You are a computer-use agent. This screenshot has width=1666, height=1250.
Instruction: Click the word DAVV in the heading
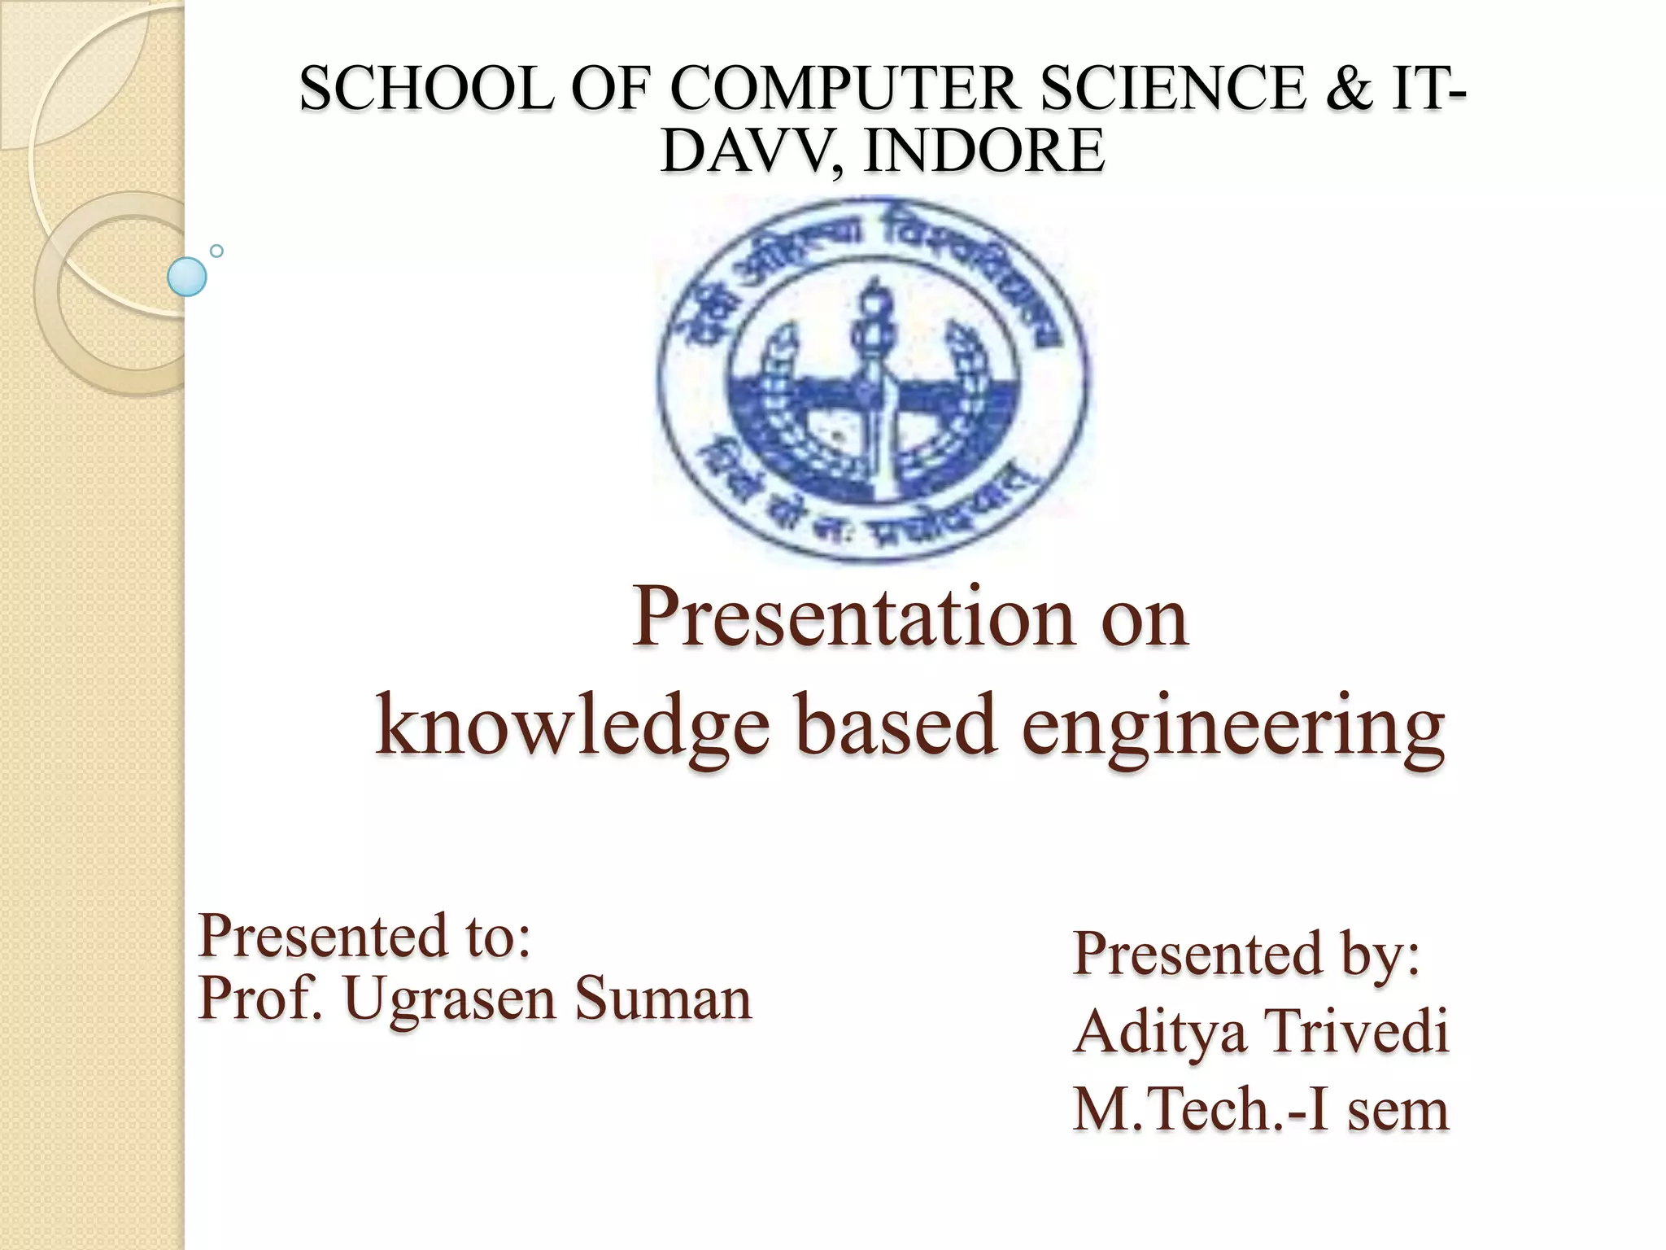pos(748,151)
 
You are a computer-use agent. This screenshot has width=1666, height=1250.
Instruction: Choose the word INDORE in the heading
pos(983,151)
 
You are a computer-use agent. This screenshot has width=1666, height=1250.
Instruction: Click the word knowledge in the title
pos(573,726)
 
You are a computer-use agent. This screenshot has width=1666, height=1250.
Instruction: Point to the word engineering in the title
pos(1233,726)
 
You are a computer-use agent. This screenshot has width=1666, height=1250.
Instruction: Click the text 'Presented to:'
pos(364,935)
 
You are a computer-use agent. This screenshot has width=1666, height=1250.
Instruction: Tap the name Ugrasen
pos(451,999)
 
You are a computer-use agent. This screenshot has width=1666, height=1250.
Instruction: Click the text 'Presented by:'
pos(1246,953)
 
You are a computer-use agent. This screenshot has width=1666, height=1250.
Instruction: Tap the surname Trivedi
pos(1357,1030)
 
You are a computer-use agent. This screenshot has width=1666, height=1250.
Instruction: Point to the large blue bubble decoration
pos(186,277)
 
